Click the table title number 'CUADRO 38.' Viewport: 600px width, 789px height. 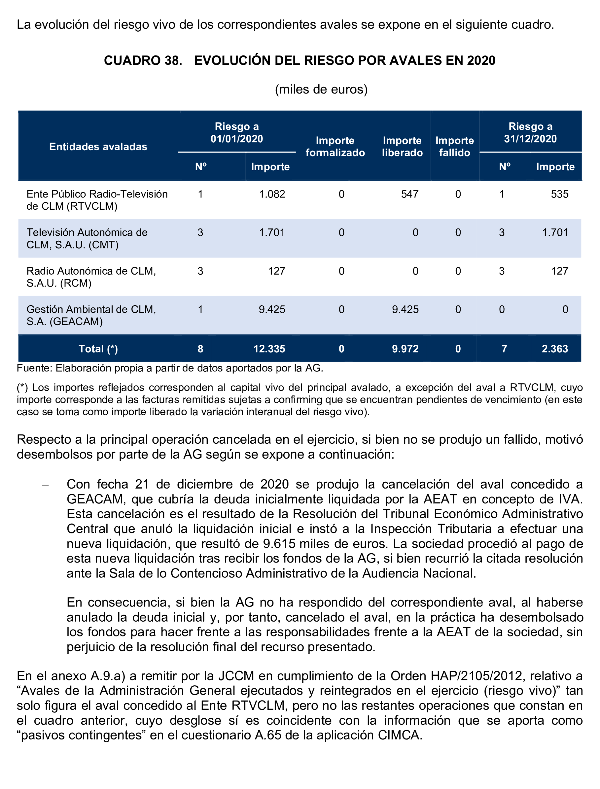143,60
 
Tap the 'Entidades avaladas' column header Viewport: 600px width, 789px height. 98,147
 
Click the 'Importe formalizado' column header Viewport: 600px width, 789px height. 335,147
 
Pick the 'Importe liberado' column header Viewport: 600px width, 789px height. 402,147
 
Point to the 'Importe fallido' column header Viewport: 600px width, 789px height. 454,147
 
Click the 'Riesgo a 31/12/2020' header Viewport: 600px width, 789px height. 530,132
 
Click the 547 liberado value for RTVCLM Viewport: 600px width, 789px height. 409,194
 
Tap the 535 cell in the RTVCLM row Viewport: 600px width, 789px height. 559,194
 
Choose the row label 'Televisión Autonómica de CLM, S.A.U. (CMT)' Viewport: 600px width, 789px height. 87,238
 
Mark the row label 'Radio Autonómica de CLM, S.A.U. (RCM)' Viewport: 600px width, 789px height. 91,277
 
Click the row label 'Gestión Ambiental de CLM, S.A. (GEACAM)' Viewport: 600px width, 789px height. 91,315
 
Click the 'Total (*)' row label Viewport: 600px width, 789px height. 98,349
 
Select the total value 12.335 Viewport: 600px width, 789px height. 269,349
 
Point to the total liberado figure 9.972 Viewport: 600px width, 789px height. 405,349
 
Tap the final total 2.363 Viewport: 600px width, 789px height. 555,349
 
